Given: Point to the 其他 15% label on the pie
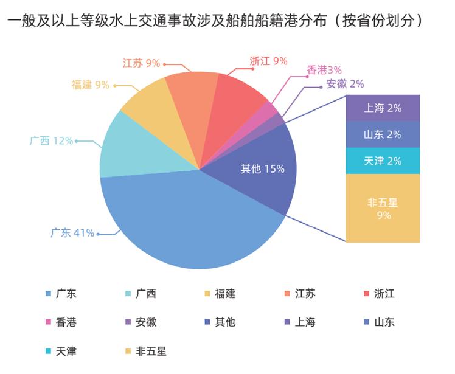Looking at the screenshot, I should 262,169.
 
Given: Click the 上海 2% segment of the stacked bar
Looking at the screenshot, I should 383,108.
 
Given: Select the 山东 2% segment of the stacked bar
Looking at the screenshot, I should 383,134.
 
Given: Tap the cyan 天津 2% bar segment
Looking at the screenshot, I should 383,161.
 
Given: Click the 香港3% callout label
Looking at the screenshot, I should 324,70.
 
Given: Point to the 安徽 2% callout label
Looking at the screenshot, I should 345,84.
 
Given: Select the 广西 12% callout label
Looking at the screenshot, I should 51,141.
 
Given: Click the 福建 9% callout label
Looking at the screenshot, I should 90,85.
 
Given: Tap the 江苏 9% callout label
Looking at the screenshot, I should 141,63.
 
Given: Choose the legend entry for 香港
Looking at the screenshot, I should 61,322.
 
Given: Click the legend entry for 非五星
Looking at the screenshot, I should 146,351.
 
